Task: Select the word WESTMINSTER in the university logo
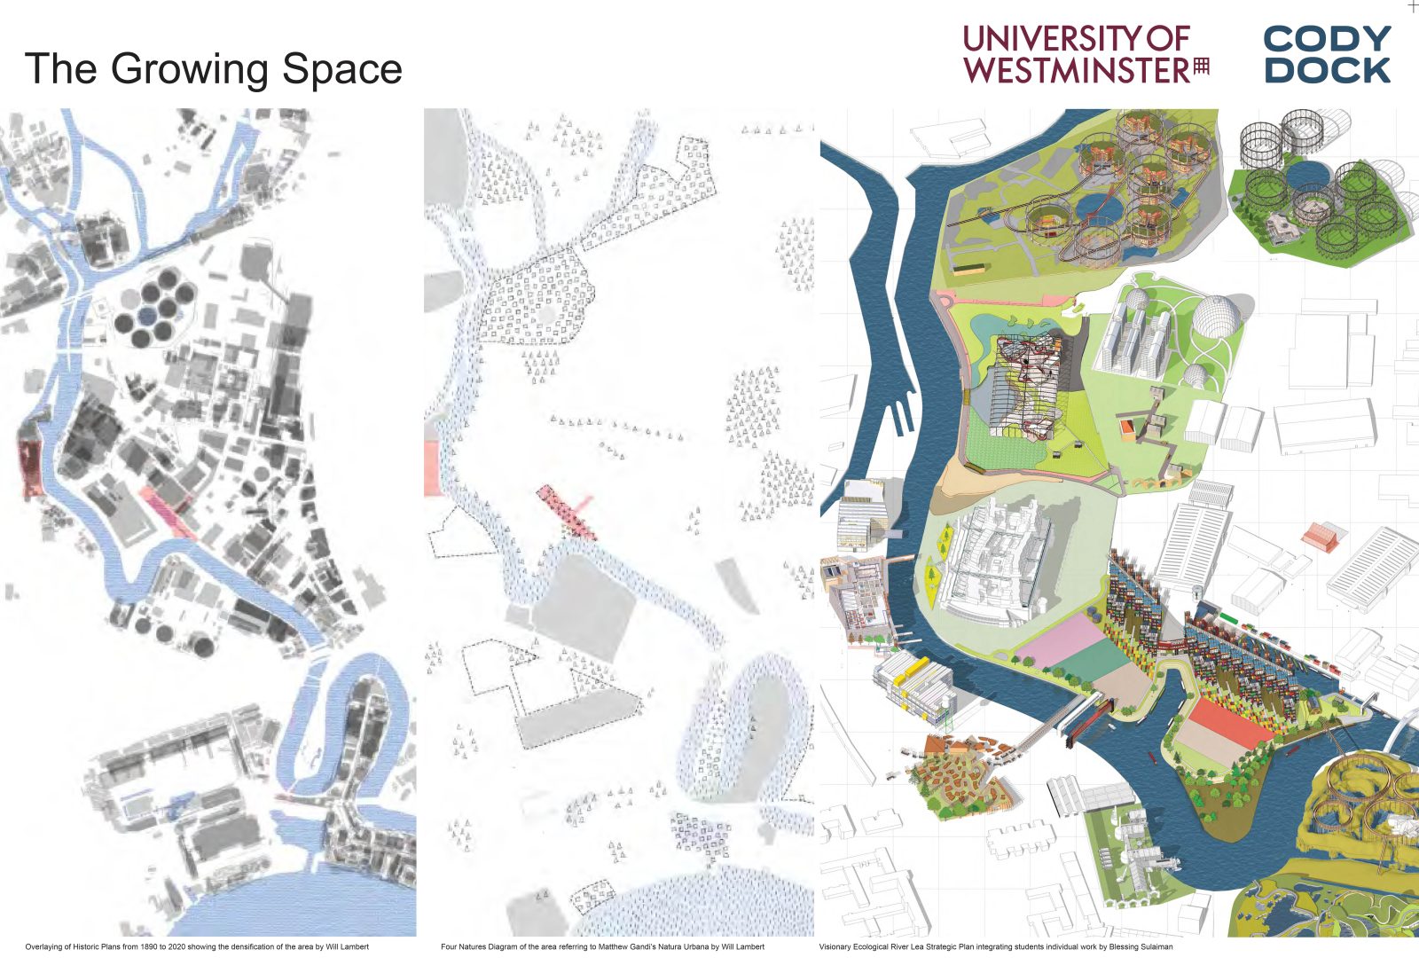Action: pyautogui.click(x=1077, y=70)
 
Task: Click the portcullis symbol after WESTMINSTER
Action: pyautogui.click(x=1201, y=66)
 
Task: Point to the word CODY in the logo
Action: pyautogui.click(x=1327, y=39)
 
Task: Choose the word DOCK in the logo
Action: pyautogui.click(x=1327, y=70)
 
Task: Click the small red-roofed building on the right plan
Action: pyautogui.click(x=1320, y=536)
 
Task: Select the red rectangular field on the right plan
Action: pyautogui.click(x=1227, y=719)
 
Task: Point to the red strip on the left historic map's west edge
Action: pyautogui.click(x=30, y=461)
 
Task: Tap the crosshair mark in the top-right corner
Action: pyautogui.click(x=1413, y=6)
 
